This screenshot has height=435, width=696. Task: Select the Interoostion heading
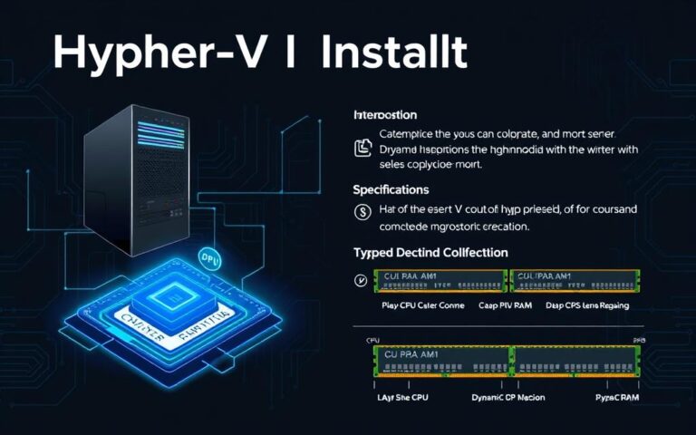[384, 115]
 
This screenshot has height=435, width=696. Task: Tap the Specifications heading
[391, 190]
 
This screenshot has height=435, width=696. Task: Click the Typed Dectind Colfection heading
[430, 252]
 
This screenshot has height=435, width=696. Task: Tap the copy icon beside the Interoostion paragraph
[362, 147]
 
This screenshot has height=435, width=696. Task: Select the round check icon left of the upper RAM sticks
[361, 280]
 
